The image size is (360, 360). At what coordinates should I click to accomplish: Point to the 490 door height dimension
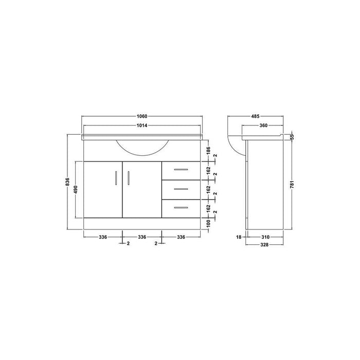click(77, 189)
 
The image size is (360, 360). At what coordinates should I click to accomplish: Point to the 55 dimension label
click(291, 136)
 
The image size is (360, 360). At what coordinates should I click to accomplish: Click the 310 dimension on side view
click(265, 237)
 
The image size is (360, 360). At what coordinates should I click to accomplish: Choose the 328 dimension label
click(265, 245)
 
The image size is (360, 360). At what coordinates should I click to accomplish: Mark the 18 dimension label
click(239, 237)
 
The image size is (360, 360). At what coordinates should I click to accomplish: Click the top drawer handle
click(181, 169)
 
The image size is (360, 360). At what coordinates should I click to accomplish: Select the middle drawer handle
click(181, 189)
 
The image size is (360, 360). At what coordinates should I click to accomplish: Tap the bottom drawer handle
click(181, 208)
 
